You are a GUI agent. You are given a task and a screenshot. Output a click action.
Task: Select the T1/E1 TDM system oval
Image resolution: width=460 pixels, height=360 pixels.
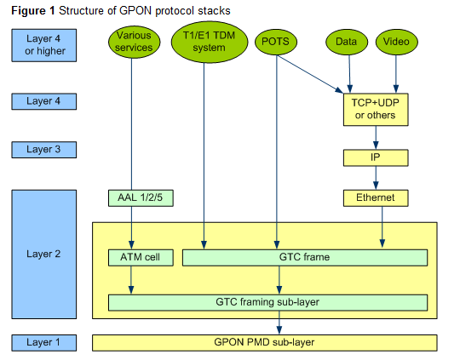pos(204,43)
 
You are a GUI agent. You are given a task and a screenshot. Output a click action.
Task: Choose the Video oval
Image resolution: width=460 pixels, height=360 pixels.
pos(396,42)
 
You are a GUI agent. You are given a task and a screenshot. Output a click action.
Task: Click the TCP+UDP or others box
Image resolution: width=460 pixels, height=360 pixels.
pos(375,108)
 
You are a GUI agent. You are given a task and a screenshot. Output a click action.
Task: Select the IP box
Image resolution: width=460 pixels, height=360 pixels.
pos(375,157)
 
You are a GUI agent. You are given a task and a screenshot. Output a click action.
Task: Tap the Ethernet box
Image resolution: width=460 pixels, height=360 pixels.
pos(375,198)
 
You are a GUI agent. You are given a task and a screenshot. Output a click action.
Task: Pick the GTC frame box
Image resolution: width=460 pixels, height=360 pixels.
pos(305,257)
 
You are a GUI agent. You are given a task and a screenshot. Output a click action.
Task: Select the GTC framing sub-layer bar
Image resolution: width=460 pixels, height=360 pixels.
pos(267,302)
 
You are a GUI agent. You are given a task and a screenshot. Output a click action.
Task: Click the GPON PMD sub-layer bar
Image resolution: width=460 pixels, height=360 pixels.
pos(265,342)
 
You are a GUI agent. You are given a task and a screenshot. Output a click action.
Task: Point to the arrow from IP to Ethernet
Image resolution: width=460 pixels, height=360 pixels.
pos(375,178)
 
